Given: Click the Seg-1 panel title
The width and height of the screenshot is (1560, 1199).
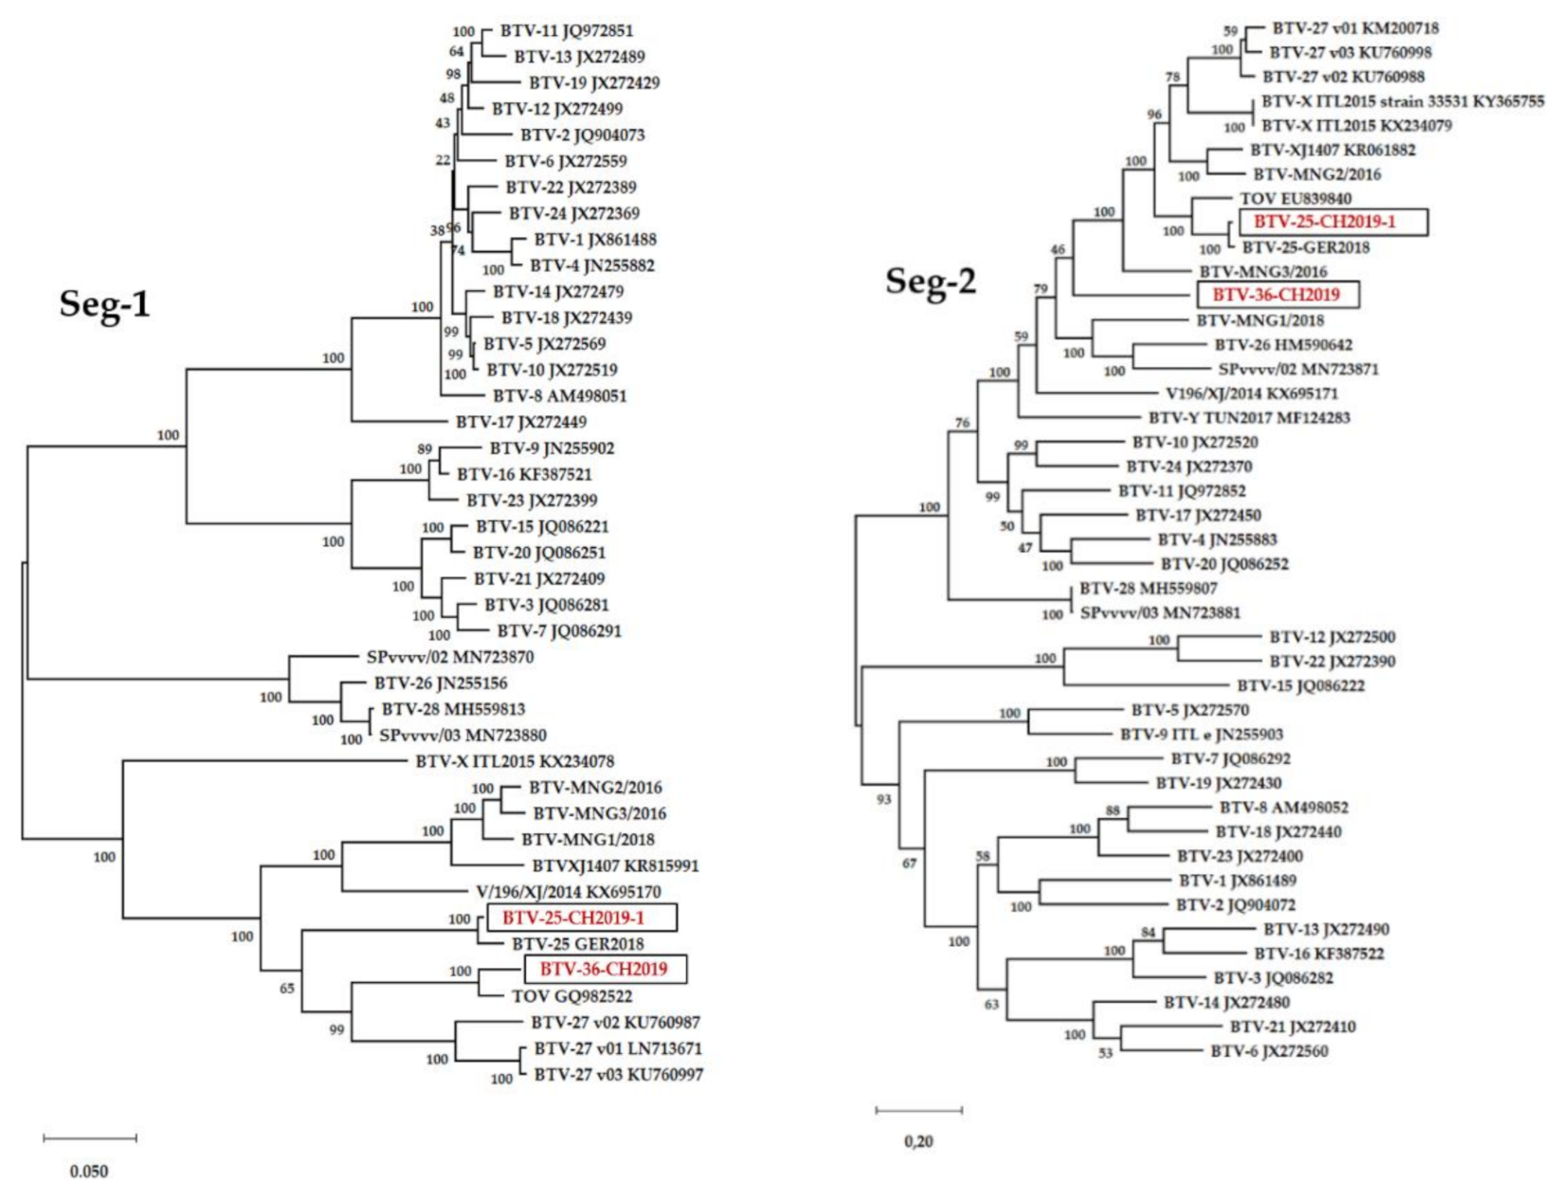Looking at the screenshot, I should (x=104, y=305).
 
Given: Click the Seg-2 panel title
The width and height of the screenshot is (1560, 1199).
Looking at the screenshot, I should (x=930, y=282).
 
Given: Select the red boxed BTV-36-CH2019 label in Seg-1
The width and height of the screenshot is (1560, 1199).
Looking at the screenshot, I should (x=604, y=970).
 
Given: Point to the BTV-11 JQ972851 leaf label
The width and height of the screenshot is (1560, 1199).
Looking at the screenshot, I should (x=567, y=31).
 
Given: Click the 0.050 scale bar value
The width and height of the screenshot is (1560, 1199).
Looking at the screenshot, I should (x=89, y=1172).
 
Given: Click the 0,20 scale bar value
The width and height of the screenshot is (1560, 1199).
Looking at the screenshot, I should (x=918, y=1141).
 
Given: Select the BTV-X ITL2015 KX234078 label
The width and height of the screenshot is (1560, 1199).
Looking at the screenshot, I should (x=515, y=761).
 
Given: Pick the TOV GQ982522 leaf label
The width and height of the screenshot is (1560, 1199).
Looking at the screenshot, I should (x=571, y=996).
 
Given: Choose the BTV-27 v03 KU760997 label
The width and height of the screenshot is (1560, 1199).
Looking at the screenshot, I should (x=618, y=1075).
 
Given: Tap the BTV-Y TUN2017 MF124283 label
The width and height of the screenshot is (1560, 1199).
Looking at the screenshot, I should (x=1249, y=418).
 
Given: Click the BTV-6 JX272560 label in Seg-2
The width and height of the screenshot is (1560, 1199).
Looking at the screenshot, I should (x=1269, y=1051).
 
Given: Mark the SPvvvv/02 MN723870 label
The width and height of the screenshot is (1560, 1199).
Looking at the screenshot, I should (x=450, y=657).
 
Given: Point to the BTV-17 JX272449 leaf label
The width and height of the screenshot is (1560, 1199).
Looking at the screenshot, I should (x=521, y=422).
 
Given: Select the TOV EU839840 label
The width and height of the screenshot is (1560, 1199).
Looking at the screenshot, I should (x=1296, y=199).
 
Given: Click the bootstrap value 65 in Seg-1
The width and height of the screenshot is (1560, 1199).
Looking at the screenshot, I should (x=286, y=989).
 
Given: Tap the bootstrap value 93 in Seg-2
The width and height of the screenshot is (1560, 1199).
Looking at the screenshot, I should (x=883, y=800).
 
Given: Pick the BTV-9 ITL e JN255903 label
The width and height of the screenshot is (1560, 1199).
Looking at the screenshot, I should (x=1202, y=735).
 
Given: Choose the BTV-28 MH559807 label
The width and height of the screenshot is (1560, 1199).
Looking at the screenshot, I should (x=1149, y=589).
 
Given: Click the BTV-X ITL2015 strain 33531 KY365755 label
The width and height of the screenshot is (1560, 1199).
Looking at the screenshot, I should (x=1402, y=101).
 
